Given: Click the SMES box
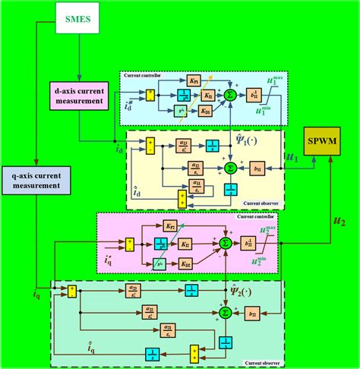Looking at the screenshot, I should click(80, 19).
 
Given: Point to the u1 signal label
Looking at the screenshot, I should click(291, 157).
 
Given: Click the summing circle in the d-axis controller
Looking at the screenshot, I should click(230, 96).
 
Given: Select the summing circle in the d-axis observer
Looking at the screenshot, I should click(229, 167).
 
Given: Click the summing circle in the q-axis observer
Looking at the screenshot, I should click(224, 312).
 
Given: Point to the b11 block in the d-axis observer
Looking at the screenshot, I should click(257, 167).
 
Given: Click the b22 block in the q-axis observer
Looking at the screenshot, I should click(254, 312).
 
